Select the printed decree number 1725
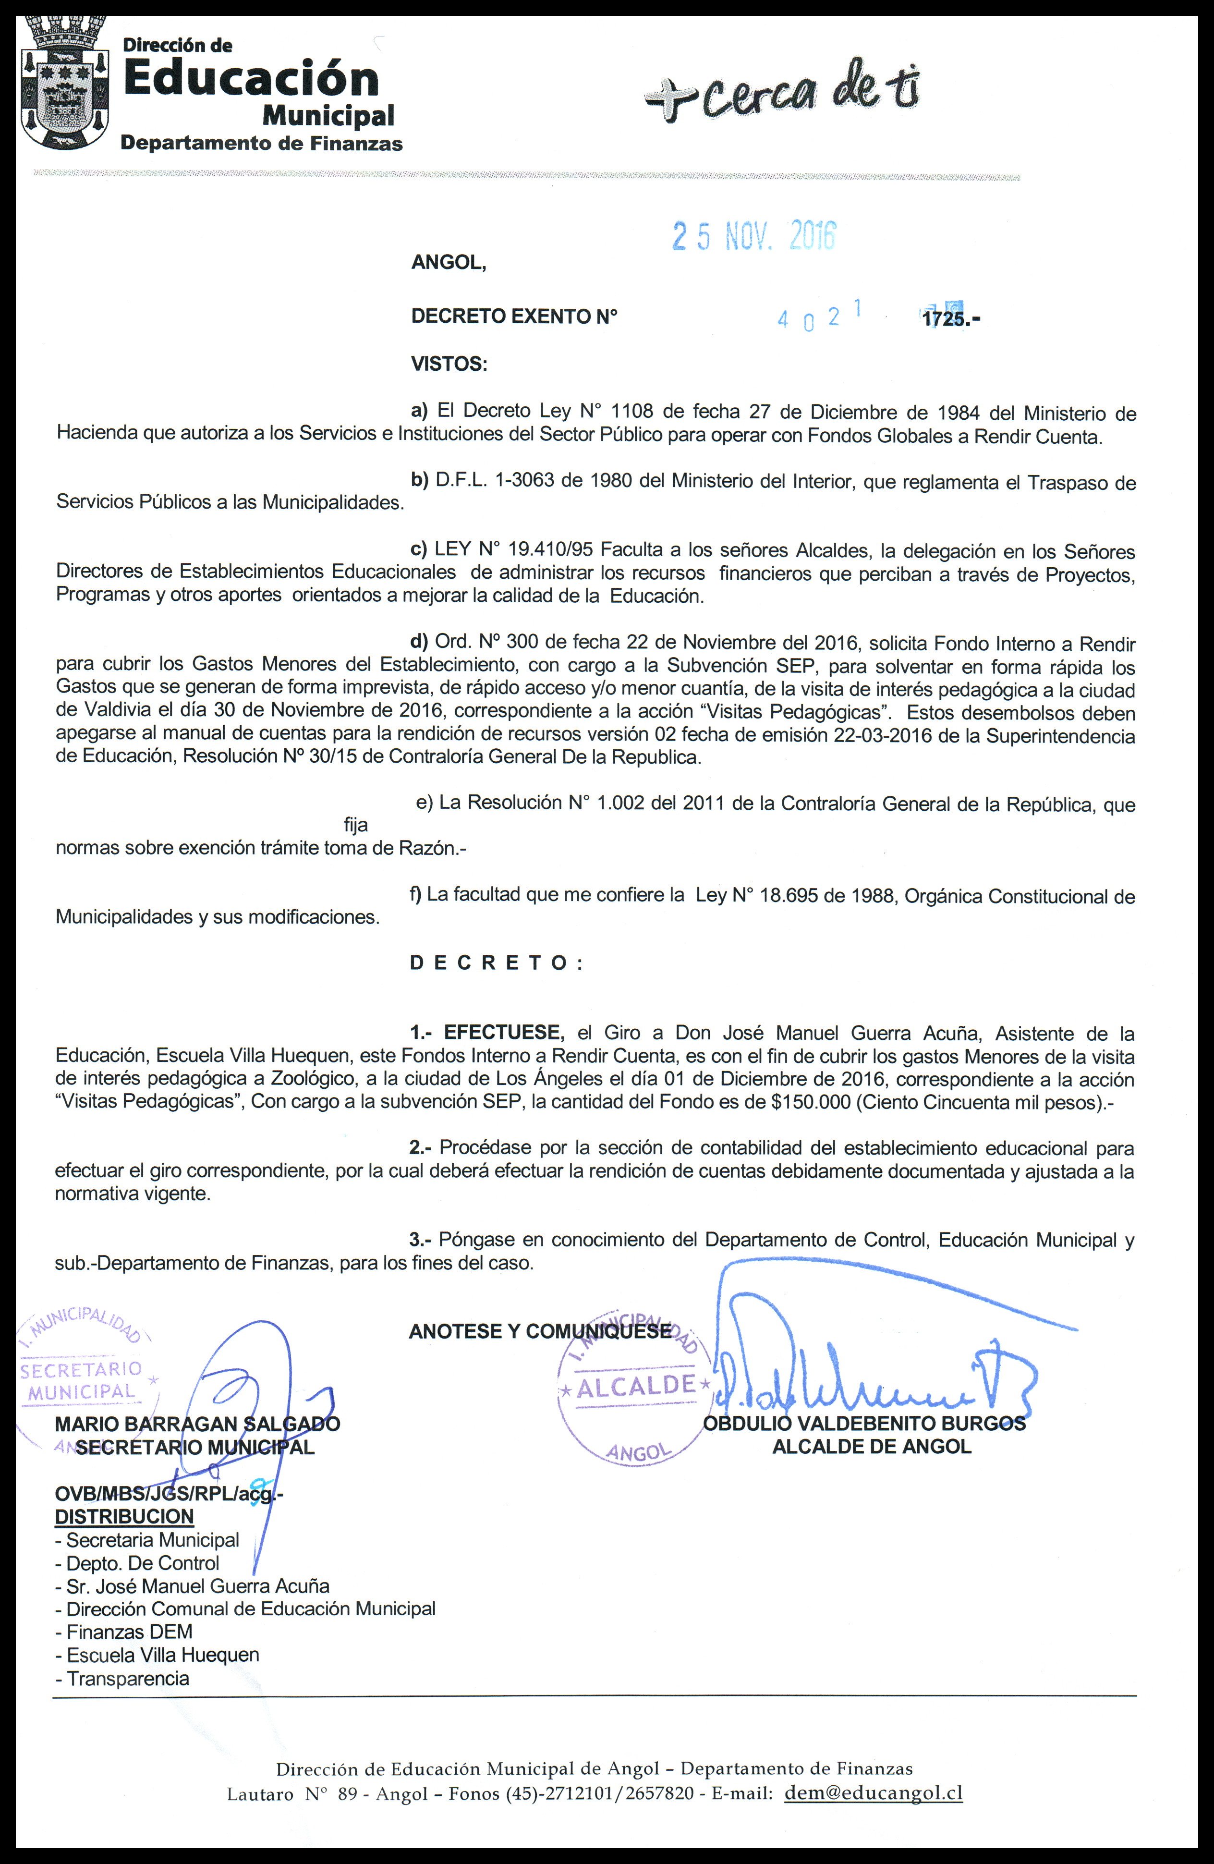click(946, 319)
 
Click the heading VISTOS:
click(449, 364)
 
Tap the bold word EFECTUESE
click(504, 1033)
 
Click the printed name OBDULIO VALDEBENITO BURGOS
click(864, 1424)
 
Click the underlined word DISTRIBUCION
click(124, 1517)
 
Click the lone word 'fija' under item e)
click(355, 825)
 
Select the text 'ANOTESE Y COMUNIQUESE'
click(540, 1331)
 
